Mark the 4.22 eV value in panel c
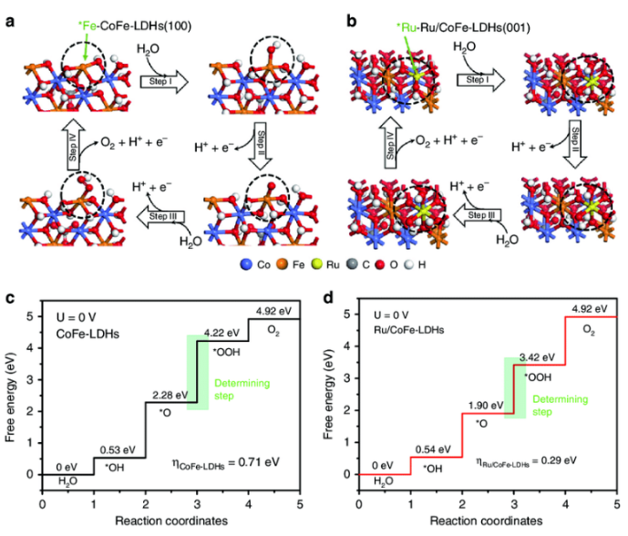click(x=233, y=333)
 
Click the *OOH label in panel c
click(x=227, y=350)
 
